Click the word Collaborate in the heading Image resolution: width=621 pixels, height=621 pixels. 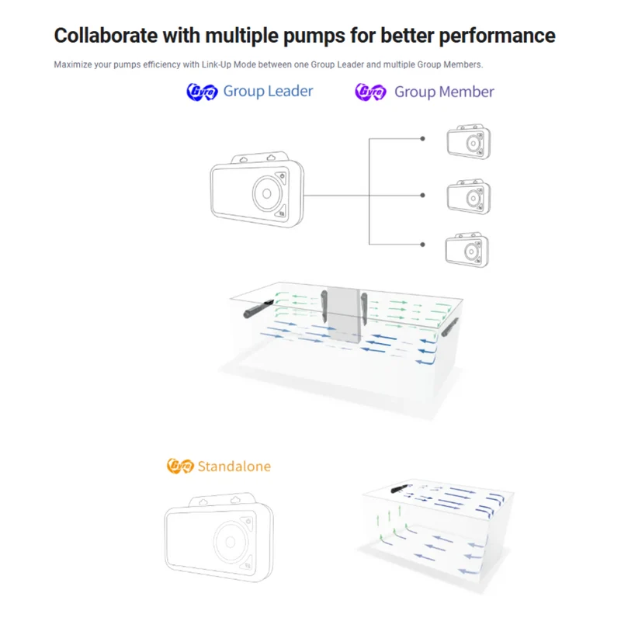[x=106, y=36]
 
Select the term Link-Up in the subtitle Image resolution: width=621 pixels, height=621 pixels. [x=217, y=64]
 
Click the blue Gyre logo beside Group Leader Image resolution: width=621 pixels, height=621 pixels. [x=202, y=92]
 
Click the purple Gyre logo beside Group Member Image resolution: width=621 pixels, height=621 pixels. [x=370, y=92]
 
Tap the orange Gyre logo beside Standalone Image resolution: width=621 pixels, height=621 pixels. [x=180, y=466]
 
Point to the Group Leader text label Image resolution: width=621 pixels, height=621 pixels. [x=268, y=91]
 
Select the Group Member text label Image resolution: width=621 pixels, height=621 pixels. [x=444, y=92]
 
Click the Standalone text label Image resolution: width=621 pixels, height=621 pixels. [x=234, y=467]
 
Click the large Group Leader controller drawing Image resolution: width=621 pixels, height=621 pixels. [x=257, y=189]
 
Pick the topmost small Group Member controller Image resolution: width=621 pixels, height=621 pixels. [x=469, y=142]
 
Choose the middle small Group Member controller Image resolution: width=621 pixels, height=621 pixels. [x=469, y=196]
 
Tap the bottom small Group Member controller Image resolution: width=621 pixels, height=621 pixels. [x=467, y=250]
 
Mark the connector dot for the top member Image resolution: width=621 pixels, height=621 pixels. [x=422, y=139]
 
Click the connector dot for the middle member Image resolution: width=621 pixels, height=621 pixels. [x=422, y=196]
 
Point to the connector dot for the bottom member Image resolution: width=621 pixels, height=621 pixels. [x=422, y=245]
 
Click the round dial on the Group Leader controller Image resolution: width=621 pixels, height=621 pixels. [x=267, y=193]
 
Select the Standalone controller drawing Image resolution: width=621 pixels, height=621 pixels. [x=219, y=537]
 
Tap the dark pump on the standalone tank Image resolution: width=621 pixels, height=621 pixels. [x=401, y=488]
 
